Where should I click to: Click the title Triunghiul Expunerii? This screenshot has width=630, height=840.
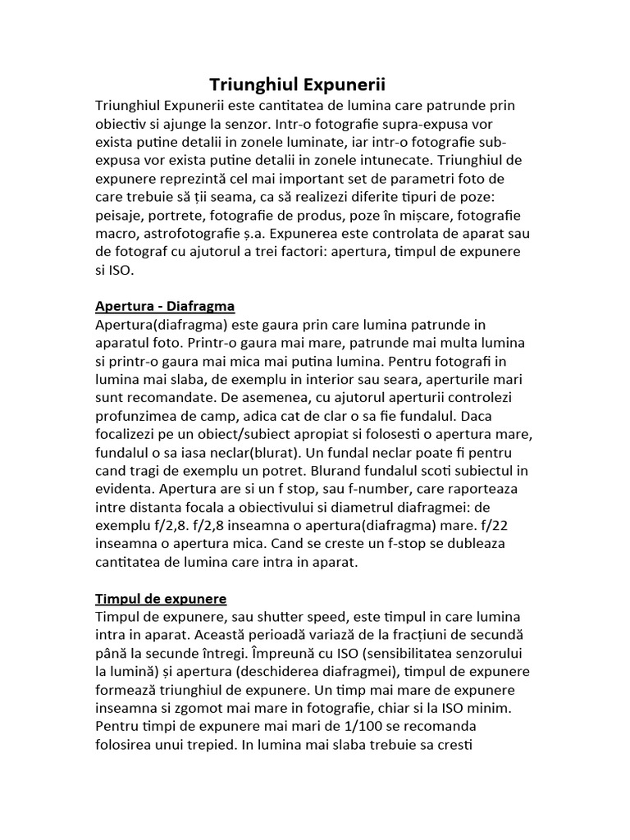pos(297,84)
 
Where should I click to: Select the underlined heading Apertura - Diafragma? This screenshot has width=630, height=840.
pos(165,306)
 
